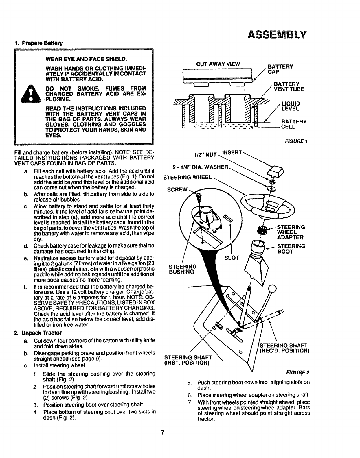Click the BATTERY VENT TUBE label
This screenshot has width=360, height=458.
[x=286, y=86]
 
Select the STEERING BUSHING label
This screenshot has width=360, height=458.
[x=183, y=269]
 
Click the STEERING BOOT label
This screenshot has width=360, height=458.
[x=291, y=249]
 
